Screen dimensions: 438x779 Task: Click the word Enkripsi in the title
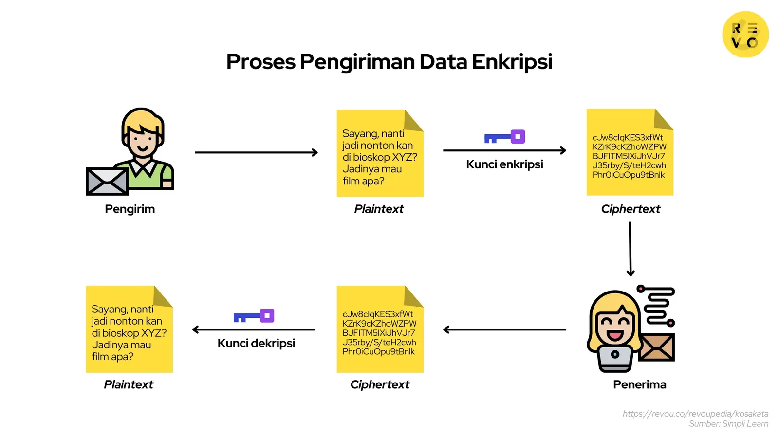tap(512, 62)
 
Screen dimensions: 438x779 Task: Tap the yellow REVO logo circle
tap(745, 35)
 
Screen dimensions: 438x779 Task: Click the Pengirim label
tap(130, 209)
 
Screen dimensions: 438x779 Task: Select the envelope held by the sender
tap(107, 181)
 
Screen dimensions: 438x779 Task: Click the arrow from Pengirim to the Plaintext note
tap(256, 152)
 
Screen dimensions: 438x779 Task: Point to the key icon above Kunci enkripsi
tap(505, 137)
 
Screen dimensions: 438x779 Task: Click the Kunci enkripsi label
tap(504, 164)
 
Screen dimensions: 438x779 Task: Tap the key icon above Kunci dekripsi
tap(254, 316)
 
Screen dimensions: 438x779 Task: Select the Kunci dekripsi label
tap(256, 343)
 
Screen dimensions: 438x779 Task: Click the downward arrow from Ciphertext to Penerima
tap(630, 249)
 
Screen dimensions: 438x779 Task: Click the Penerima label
tap(639, 384)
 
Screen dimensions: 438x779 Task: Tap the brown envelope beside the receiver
tap(657, 347)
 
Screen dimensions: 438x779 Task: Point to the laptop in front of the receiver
tap(615, 358)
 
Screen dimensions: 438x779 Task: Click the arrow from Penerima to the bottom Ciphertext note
tap(504, 329)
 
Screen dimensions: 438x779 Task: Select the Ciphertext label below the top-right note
tap(631, 209)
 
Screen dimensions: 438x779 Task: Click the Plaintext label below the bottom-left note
tap(129, 384)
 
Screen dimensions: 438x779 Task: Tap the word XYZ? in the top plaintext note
tap(405, 157)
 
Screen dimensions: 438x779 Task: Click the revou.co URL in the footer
tap(695, 414)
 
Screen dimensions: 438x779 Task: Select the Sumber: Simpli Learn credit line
tap(728, 424)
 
